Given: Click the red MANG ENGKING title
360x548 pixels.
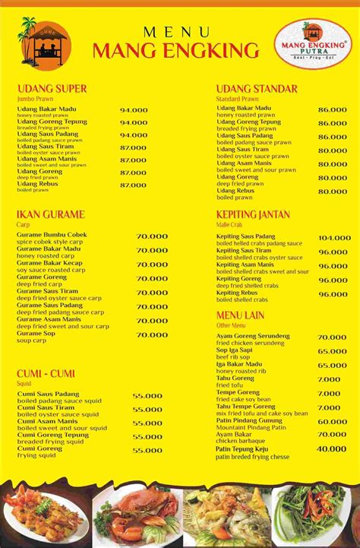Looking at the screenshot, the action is [175, 51].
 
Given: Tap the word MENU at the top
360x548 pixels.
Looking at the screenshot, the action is [176, 31].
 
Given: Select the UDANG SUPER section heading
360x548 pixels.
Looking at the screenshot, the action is [52, 89].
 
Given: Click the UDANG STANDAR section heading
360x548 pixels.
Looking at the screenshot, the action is [257, 89].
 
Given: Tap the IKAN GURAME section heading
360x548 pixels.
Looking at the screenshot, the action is [50, 215].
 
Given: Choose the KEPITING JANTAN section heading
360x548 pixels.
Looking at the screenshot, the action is [253, 215].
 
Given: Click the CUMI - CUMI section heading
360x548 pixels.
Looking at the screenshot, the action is [46, 373].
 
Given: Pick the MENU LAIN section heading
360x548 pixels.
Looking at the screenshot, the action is [240, 315].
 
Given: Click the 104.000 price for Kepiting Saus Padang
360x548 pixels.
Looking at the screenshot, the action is [333, 238].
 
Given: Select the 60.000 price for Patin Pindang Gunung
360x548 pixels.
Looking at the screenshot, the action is [332, 421].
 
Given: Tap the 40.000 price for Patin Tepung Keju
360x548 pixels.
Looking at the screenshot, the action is [331, 449].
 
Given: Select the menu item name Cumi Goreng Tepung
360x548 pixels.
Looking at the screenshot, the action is [52, 435].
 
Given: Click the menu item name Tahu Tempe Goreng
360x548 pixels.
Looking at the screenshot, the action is [245, 405].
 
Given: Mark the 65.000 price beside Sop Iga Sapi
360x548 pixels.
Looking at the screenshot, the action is [332, 351].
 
